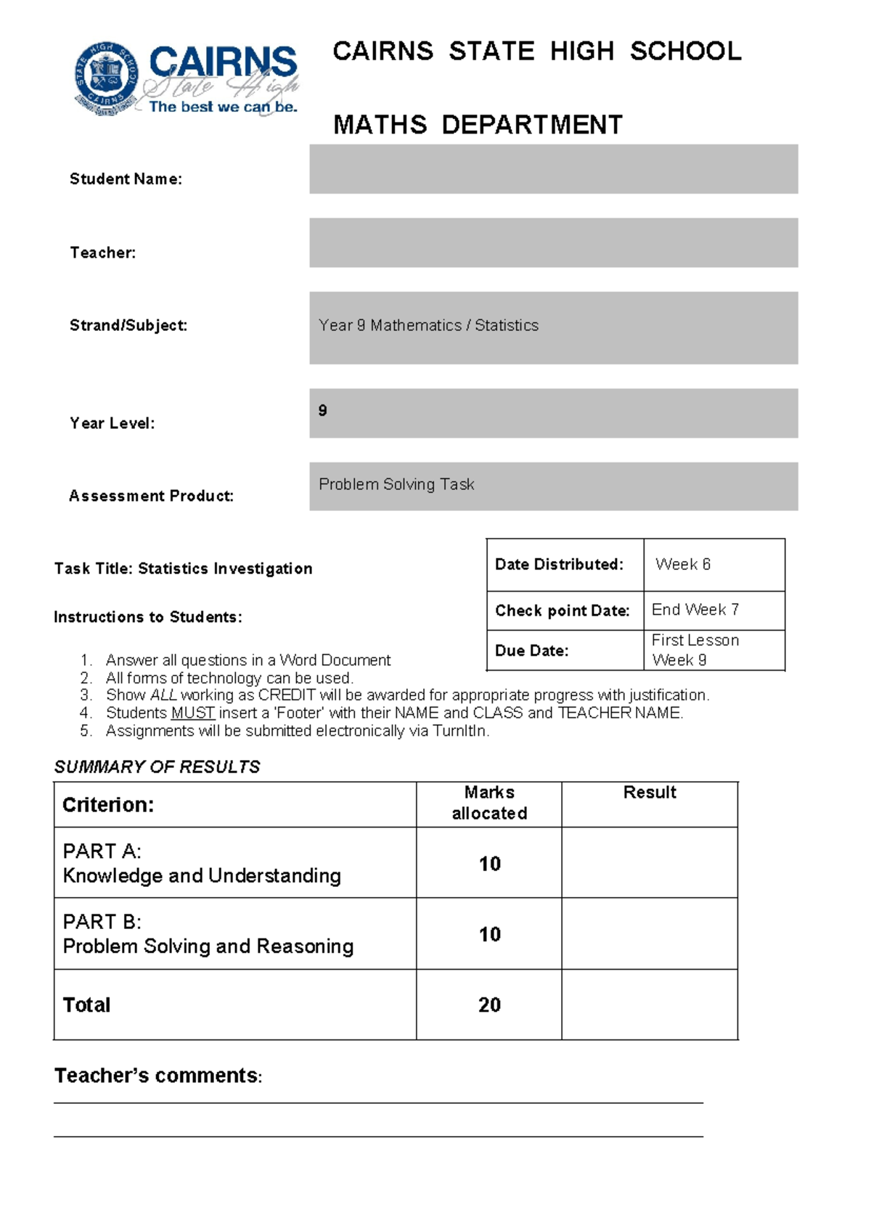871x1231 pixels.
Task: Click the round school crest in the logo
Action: click(x=107, y=78)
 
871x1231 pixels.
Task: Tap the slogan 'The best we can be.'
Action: click(x=223, y=107)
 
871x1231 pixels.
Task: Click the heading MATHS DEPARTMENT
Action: click(x=478, y=125)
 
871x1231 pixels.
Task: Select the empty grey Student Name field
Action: click(x=553, y=169)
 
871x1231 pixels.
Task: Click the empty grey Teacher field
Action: click(x=553, y=242)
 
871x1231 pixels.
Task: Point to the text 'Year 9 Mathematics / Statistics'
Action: click(x=428, y=325)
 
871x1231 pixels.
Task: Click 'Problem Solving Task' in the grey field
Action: click(x=396, y=484)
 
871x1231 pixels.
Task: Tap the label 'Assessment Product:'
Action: click(x=151, y=496)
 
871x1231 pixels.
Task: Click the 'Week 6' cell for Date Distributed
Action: click(x=683, y=564)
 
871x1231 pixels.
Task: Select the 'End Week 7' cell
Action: click(x=695, y=610)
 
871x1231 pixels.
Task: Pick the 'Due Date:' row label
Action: click(x=531, y=650)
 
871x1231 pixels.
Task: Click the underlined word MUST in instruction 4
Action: click(x=192, y=713)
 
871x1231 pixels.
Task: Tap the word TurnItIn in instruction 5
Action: click(x=459, y=731)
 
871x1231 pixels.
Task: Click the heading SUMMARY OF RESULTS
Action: click(x=157, y=766)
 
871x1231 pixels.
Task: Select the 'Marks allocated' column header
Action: click(x=489, y=803)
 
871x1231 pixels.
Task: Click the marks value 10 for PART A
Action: click(x=489, y=864)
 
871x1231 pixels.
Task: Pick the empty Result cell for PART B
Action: click(x=650, y=933)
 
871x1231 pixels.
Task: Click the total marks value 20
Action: click(x=489, y=1005)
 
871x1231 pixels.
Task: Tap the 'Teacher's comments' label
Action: click(x=157, y=1076)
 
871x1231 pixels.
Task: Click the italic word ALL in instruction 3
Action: click(x=163, y=695)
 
